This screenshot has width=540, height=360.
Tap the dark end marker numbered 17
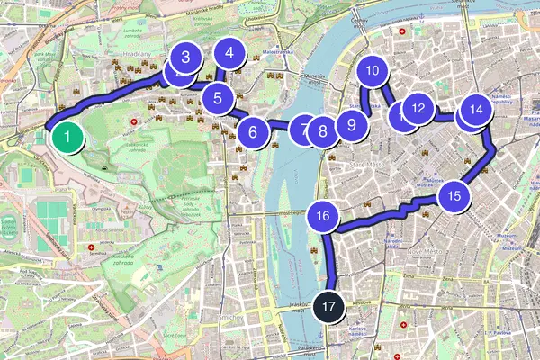[330, 306]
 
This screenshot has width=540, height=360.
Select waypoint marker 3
[185, 58]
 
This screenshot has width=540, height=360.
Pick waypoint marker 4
[230, 53]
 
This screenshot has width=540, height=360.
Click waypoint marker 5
[217, 96]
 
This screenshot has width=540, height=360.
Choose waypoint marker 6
[254, 133]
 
